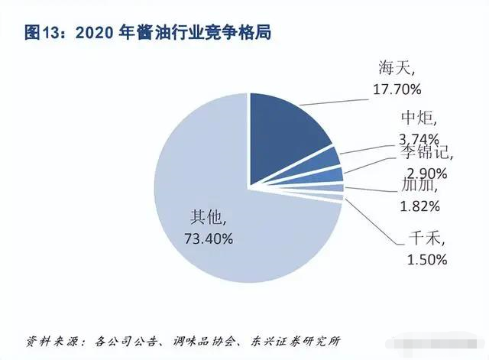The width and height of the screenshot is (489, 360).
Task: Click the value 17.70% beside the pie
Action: [x=396, y=89]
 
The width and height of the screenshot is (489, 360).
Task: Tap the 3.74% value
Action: [x=419, y=138]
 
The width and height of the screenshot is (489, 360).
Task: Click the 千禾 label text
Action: [x=419, y=240]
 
